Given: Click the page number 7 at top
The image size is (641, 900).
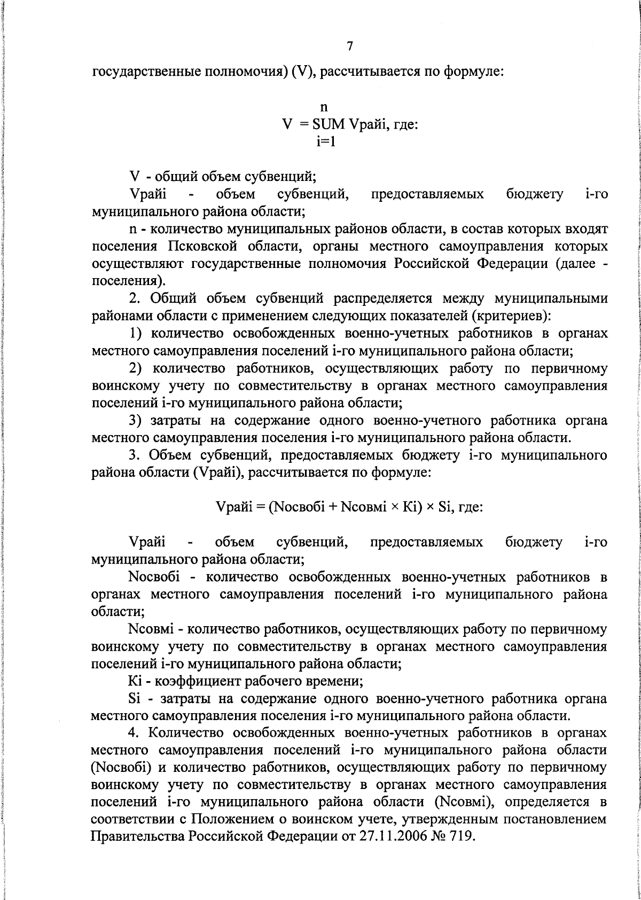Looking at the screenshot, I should [x=349, y=46].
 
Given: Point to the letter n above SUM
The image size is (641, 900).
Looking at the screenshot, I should [x=324, y=107].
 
